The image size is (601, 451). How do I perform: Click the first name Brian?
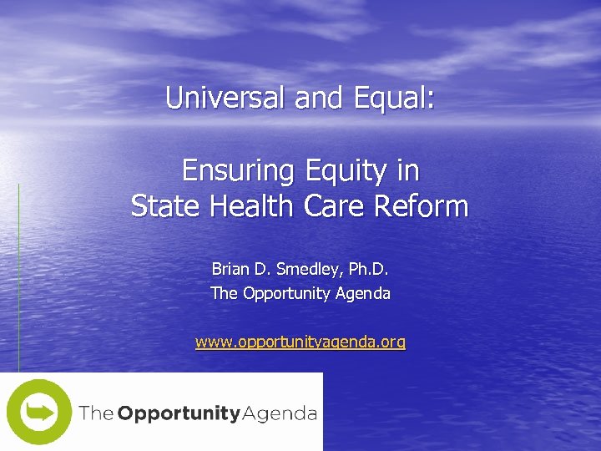[230, 269]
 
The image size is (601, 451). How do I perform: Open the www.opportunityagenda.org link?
[300, 342]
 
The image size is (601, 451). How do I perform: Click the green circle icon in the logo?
[38, 412]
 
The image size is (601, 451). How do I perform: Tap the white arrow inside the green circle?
[39, 412]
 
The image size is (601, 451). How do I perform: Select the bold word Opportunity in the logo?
[178, 413]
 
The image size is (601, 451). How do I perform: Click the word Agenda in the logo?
[279, 413]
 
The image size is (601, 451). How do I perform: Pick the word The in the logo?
[96, 413]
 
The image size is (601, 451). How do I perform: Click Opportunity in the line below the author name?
[286, 293]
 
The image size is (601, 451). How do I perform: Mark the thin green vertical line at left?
[18, 276]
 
